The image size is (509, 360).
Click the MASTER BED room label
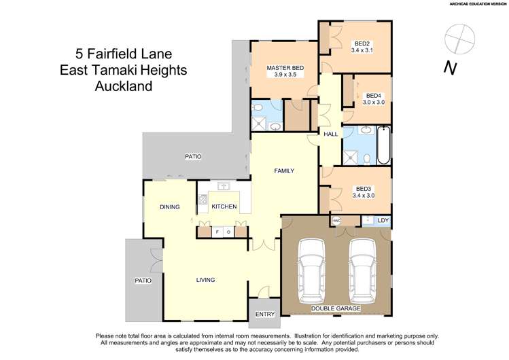pos(285,68)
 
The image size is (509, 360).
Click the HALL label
pos(331,134)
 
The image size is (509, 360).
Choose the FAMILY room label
pos(284,170)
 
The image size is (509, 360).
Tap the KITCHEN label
pos(224,206)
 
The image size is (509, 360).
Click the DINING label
pos(169,206)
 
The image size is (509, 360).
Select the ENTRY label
pos(264,314)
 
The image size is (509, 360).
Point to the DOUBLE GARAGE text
pos(336,308)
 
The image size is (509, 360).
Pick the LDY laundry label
pos(383,221)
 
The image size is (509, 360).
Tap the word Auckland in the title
pos(124,86)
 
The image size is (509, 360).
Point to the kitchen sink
pos(222,186)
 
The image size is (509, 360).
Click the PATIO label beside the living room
pos(143,281)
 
